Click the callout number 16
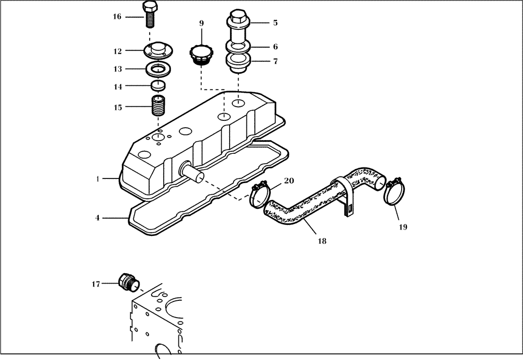pos(117,17)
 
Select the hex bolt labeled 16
pos(149,15)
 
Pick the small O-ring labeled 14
pos(157,85)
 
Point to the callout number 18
pos(322,241)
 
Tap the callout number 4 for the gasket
pos(98,218)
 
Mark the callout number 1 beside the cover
pos(98,179)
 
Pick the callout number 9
pos(201,24)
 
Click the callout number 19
pos(402,227)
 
